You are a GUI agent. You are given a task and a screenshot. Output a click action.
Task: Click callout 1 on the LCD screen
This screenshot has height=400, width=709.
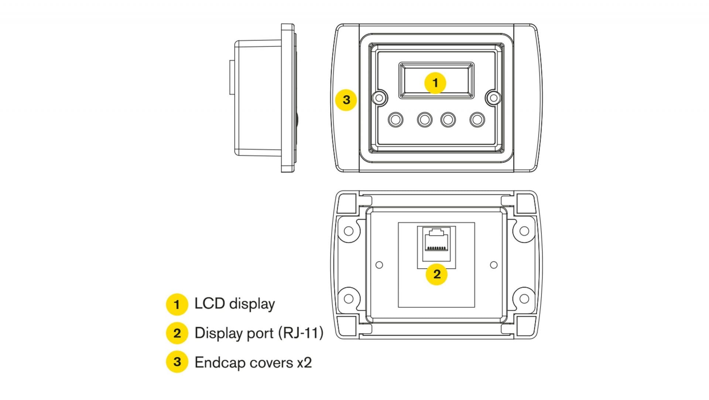(x=435, y=83)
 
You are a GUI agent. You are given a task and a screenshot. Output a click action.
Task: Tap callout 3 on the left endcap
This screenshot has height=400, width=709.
(x=346, y=100)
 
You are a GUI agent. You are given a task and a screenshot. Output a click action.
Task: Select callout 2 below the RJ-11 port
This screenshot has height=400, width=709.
(x=436, y=274)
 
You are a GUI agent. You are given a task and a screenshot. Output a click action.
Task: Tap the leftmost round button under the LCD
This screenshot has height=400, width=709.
(x=395, y=120)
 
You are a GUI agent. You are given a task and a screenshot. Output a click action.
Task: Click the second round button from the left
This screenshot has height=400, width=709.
(x=425, y=120)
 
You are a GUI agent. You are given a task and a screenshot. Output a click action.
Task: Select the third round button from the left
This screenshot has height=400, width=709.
(x=448, y=120)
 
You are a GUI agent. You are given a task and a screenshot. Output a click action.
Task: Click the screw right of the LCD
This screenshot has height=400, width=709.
(x=493, y=98)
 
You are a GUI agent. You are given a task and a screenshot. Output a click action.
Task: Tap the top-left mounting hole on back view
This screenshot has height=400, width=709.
(x=348, y=231)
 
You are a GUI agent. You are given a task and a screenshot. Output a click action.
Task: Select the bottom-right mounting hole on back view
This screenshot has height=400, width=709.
(x=524, y=298)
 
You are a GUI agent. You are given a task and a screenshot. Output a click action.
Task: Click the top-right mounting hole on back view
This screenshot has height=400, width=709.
(x=524, y=231)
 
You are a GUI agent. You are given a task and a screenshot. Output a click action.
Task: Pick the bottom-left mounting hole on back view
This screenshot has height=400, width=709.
(x=348, y=298)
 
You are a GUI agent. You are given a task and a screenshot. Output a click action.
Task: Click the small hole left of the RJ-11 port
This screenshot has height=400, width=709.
(x=379, y=265)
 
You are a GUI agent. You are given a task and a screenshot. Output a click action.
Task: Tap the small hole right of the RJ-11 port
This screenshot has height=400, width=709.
(x=494, y=265)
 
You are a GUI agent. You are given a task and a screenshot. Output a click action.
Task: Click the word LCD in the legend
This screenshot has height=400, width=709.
(x=209, y=304)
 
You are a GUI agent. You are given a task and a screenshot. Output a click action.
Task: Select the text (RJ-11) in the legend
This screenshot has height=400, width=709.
(x=301, y=333)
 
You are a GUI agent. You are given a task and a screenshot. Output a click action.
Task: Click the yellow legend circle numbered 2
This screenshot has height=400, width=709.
(x=177, y=333)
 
